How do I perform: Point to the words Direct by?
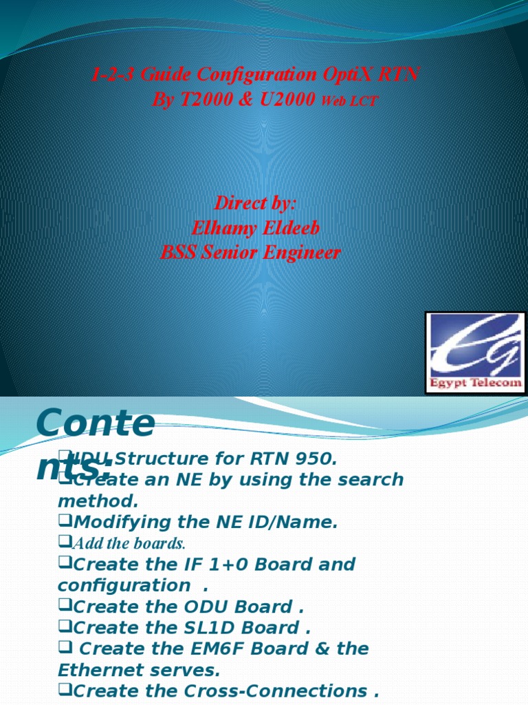(x=255, y=203)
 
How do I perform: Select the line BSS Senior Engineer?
(x=250, y=253)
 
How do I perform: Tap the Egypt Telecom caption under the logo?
(x=476, y=383)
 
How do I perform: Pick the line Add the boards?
(x=129, y=544)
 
